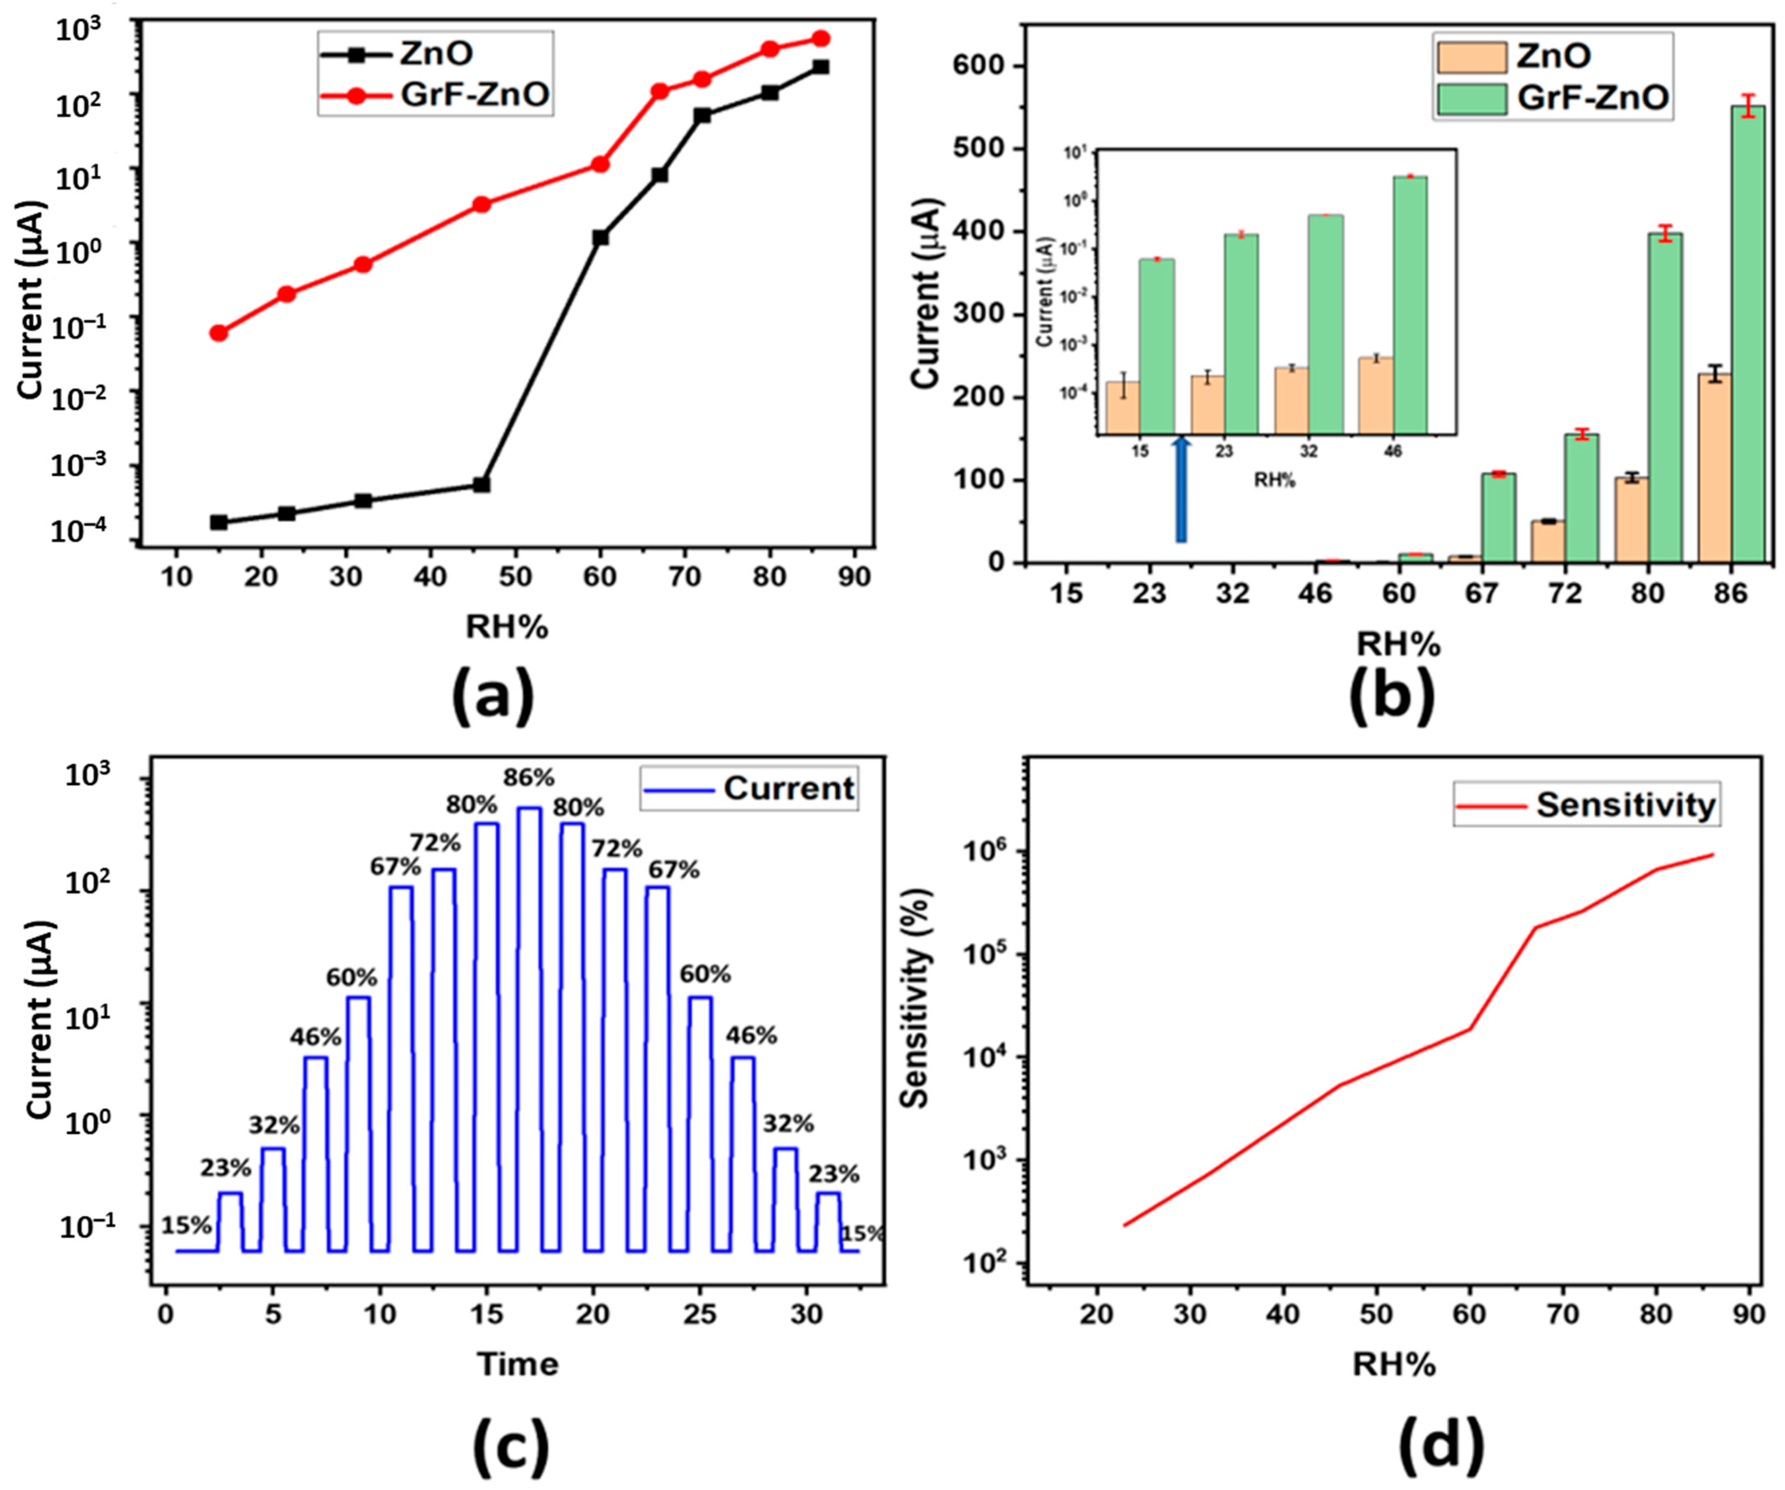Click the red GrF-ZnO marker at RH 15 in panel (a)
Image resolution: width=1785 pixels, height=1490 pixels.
pyautogui.click(x=218, y=333)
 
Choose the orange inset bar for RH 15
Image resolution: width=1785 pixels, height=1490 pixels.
pyautogui.click(x=1123, y=408)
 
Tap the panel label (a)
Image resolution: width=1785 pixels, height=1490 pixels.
pyautogui.click(x=493, y=695)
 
